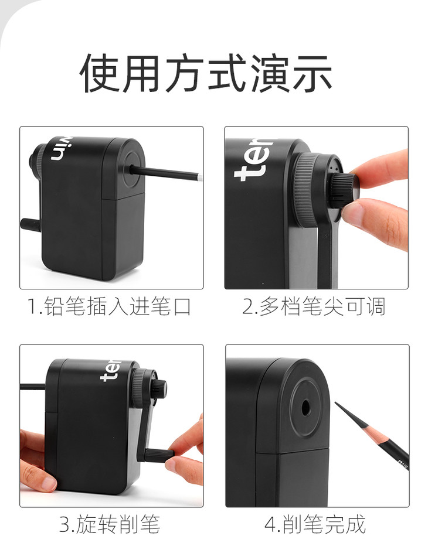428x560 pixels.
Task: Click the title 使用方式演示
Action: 206,73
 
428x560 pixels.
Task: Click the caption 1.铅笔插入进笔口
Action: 110,306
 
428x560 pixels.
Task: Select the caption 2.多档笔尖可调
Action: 314,306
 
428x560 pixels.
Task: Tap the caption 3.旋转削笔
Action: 110,524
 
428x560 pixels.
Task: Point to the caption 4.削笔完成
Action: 315,524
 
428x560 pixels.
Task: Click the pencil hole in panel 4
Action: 305,407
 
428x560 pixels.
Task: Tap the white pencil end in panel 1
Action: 199,176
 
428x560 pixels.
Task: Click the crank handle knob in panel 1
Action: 31,223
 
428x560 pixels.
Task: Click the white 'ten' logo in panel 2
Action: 253,159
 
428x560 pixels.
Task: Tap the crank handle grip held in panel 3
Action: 158,454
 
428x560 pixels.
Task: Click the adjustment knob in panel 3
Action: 160,388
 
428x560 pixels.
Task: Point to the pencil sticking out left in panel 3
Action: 32,387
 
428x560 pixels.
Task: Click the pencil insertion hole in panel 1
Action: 133,168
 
